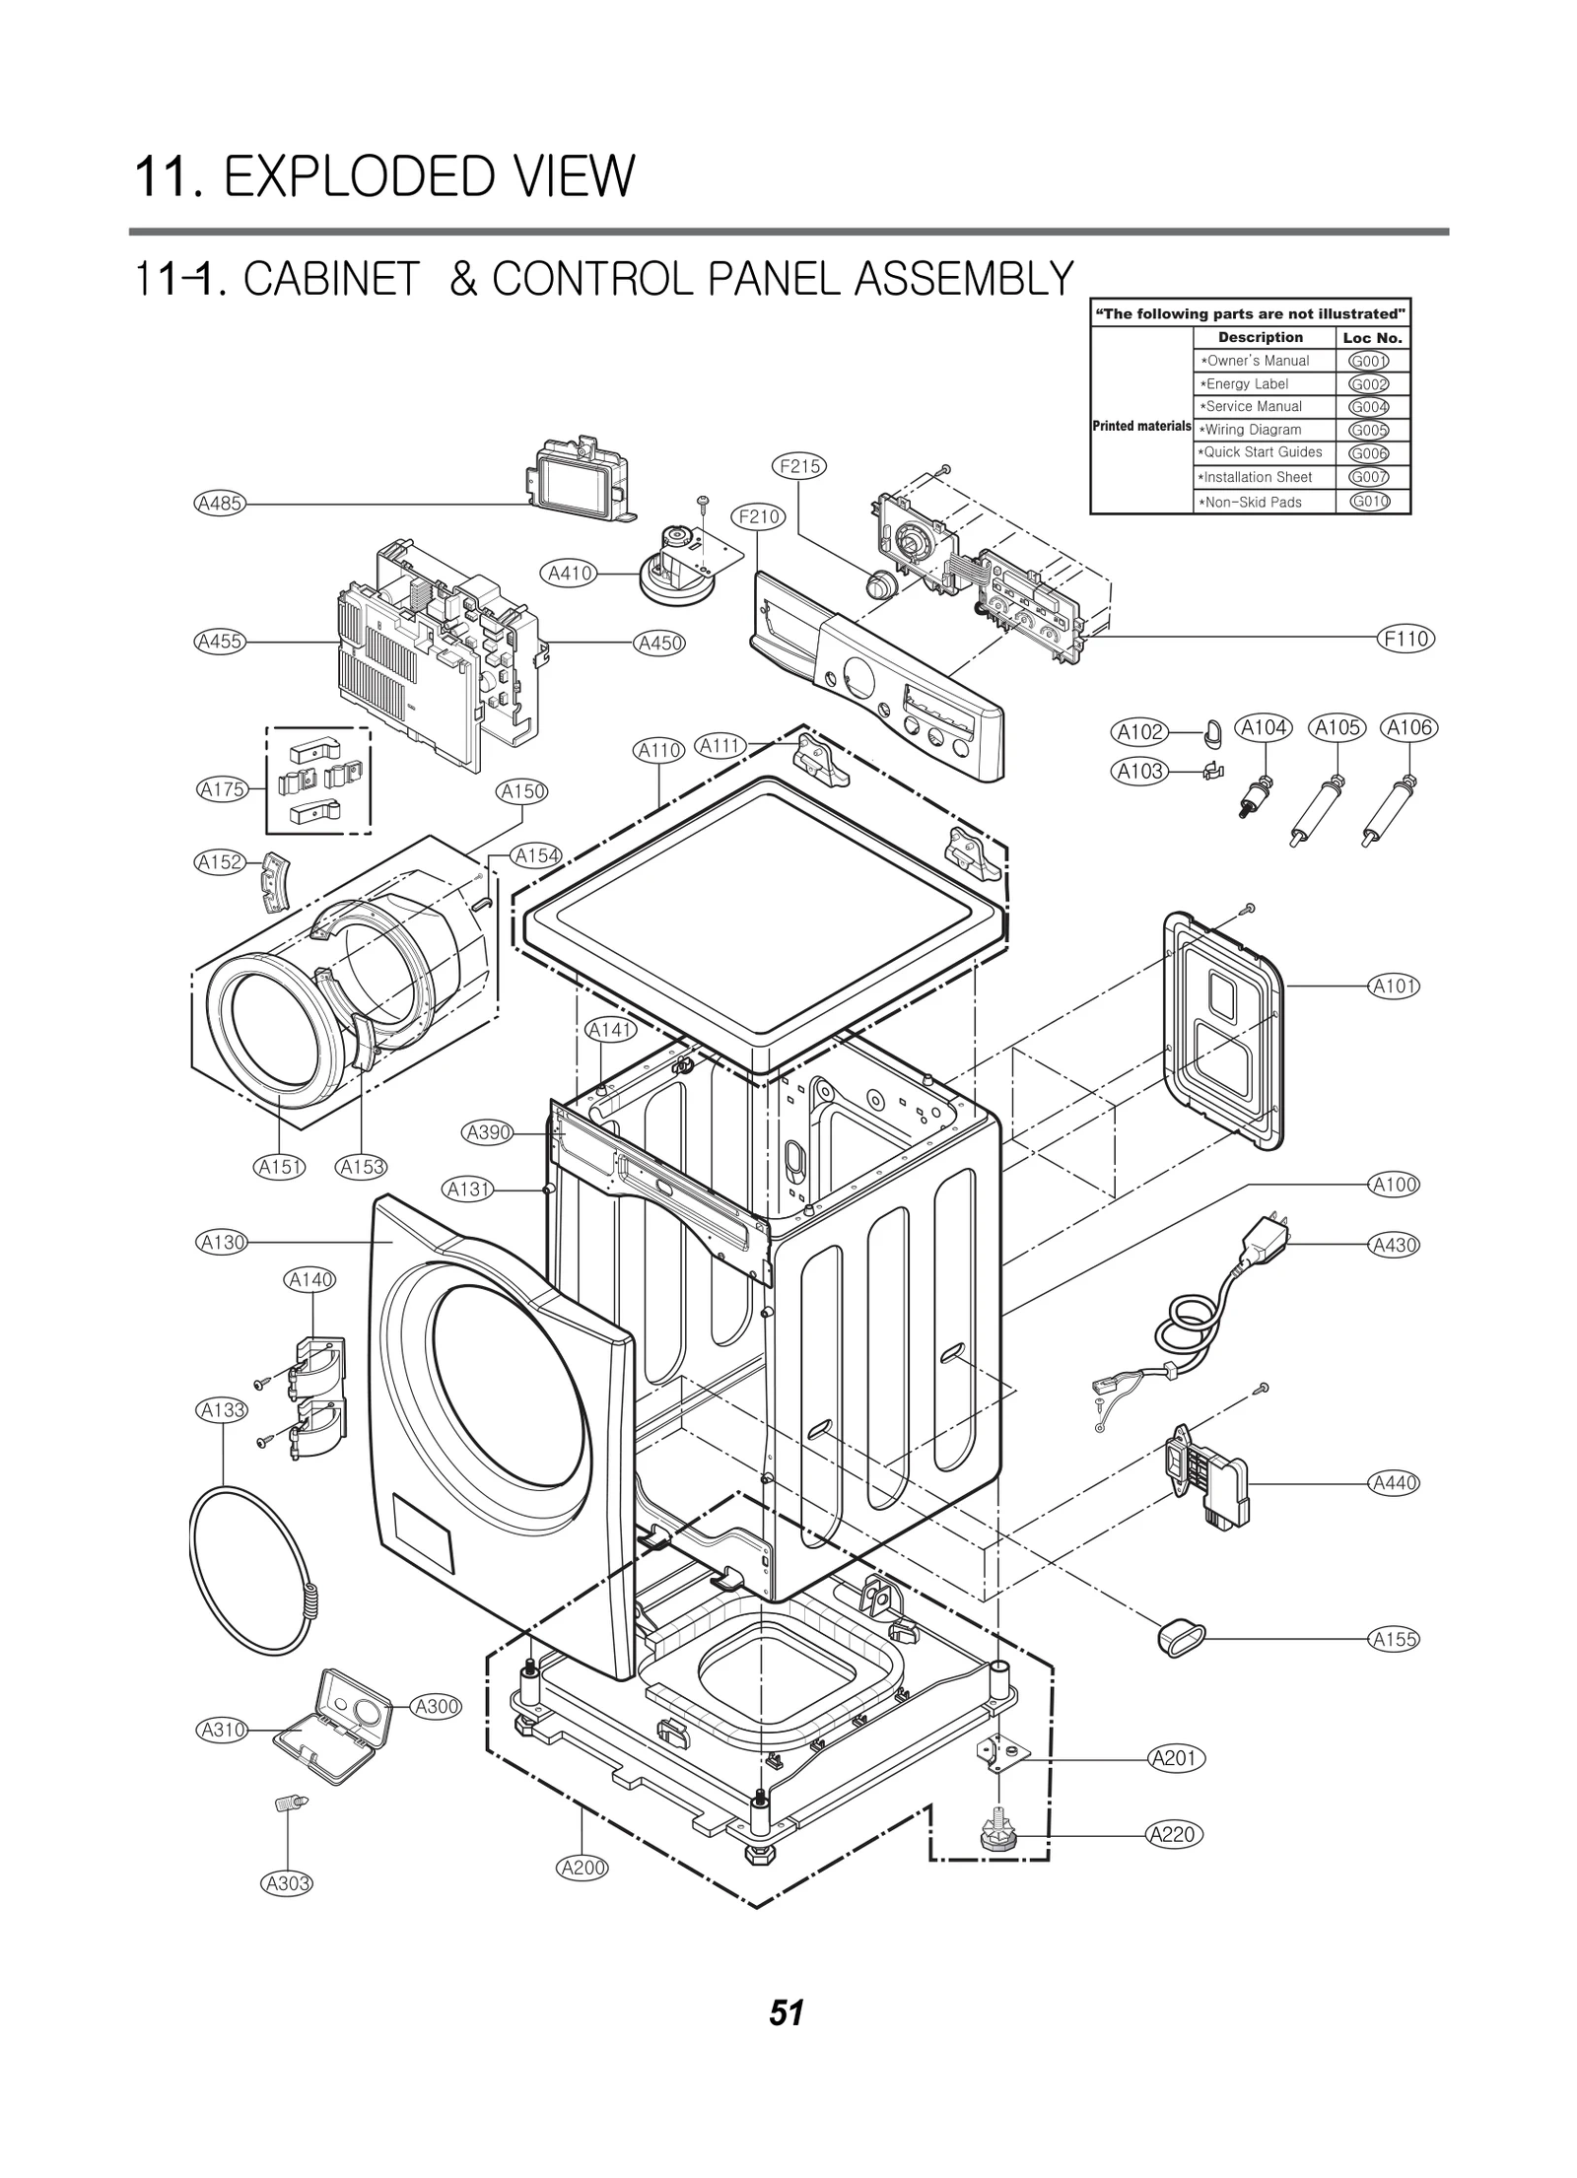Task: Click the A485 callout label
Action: pos(219,504)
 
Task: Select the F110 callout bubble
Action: pos(1406,639)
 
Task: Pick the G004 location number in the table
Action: pos(1368,407)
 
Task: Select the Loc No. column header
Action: pos(1372,338)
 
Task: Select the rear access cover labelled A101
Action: pos(1222,1030)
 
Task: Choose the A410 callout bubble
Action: pos(570,573)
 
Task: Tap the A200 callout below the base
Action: pos(583,1867)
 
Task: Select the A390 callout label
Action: pos(489,1132)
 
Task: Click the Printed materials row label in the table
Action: pos(1141,427)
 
